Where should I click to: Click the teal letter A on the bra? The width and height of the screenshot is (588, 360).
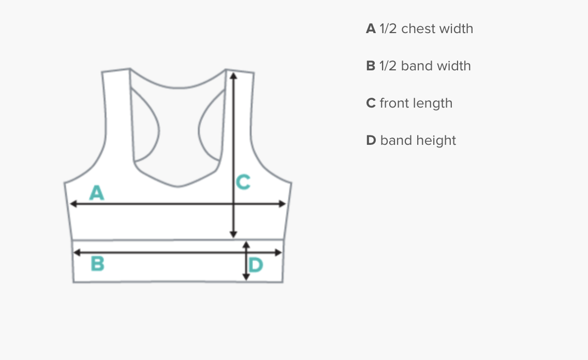(x=97, y=193)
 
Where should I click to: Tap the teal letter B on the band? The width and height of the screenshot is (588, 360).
(x=97, y=264)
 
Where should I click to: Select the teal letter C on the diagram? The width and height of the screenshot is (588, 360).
(x=243, y=182)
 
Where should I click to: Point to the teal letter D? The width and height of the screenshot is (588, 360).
(x=256, y=266)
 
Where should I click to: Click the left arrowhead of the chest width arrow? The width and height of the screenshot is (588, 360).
(x=73, y=204)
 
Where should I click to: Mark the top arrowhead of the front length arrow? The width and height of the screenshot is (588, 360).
(x=233, y=76)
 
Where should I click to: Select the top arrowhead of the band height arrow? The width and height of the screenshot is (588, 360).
(x=246, y=244)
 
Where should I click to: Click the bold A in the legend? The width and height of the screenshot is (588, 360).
(x=371, y=29)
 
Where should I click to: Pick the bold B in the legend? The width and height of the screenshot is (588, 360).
(x=371, y=66)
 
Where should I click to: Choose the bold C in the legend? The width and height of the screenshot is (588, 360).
(x=371, y=103)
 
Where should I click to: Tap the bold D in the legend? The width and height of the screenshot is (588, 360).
(x=371, y=141)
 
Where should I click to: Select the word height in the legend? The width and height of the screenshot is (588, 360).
(x=439, y=141)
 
